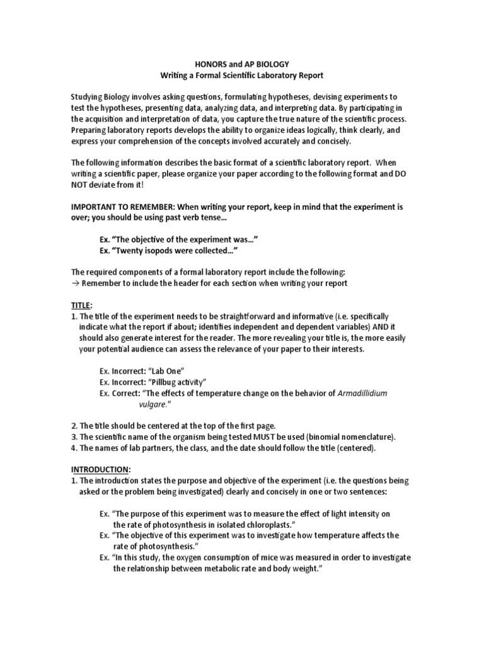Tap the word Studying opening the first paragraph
(x=89, y=97)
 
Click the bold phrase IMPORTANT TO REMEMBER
(x=119, y=206)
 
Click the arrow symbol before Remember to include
(x=75, y=283)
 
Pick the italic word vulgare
(x=155, y=404)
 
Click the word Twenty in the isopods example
(x=134, y=249)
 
